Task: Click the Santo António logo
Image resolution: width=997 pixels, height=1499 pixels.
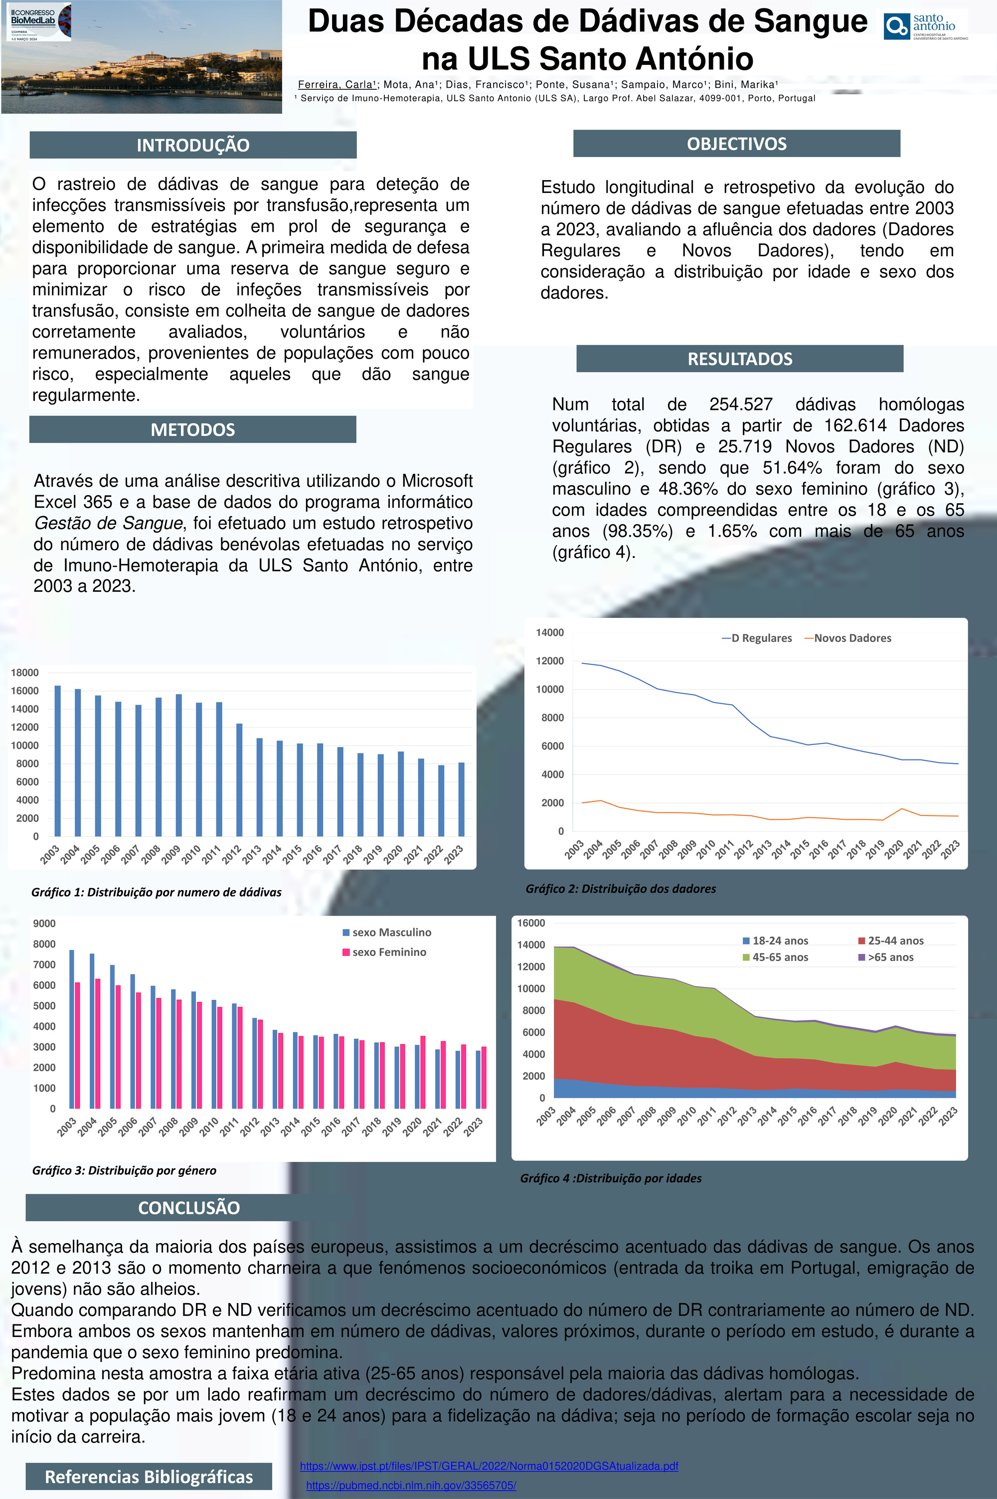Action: point(925,26)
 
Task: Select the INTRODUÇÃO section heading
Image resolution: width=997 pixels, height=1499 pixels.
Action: point(192,145)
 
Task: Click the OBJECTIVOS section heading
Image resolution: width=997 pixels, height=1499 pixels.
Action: point(736,144)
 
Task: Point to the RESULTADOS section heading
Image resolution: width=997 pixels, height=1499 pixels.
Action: point(739,359)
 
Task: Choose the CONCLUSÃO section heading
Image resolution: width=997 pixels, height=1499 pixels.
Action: point(189,1208)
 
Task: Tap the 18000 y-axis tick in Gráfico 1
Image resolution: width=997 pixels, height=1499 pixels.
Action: point(25,672)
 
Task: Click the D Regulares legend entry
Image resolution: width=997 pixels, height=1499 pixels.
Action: point(757,638)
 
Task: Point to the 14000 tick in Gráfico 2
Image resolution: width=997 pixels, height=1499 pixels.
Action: point(549,632)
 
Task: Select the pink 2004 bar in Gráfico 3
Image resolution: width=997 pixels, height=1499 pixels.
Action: point(98,1043)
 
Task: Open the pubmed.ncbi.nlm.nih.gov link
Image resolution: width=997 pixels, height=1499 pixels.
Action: point(411,1486)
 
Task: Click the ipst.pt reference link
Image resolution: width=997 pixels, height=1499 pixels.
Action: point(489,1466)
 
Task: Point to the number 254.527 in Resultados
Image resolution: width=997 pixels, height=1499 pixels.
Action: point(741,404)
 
